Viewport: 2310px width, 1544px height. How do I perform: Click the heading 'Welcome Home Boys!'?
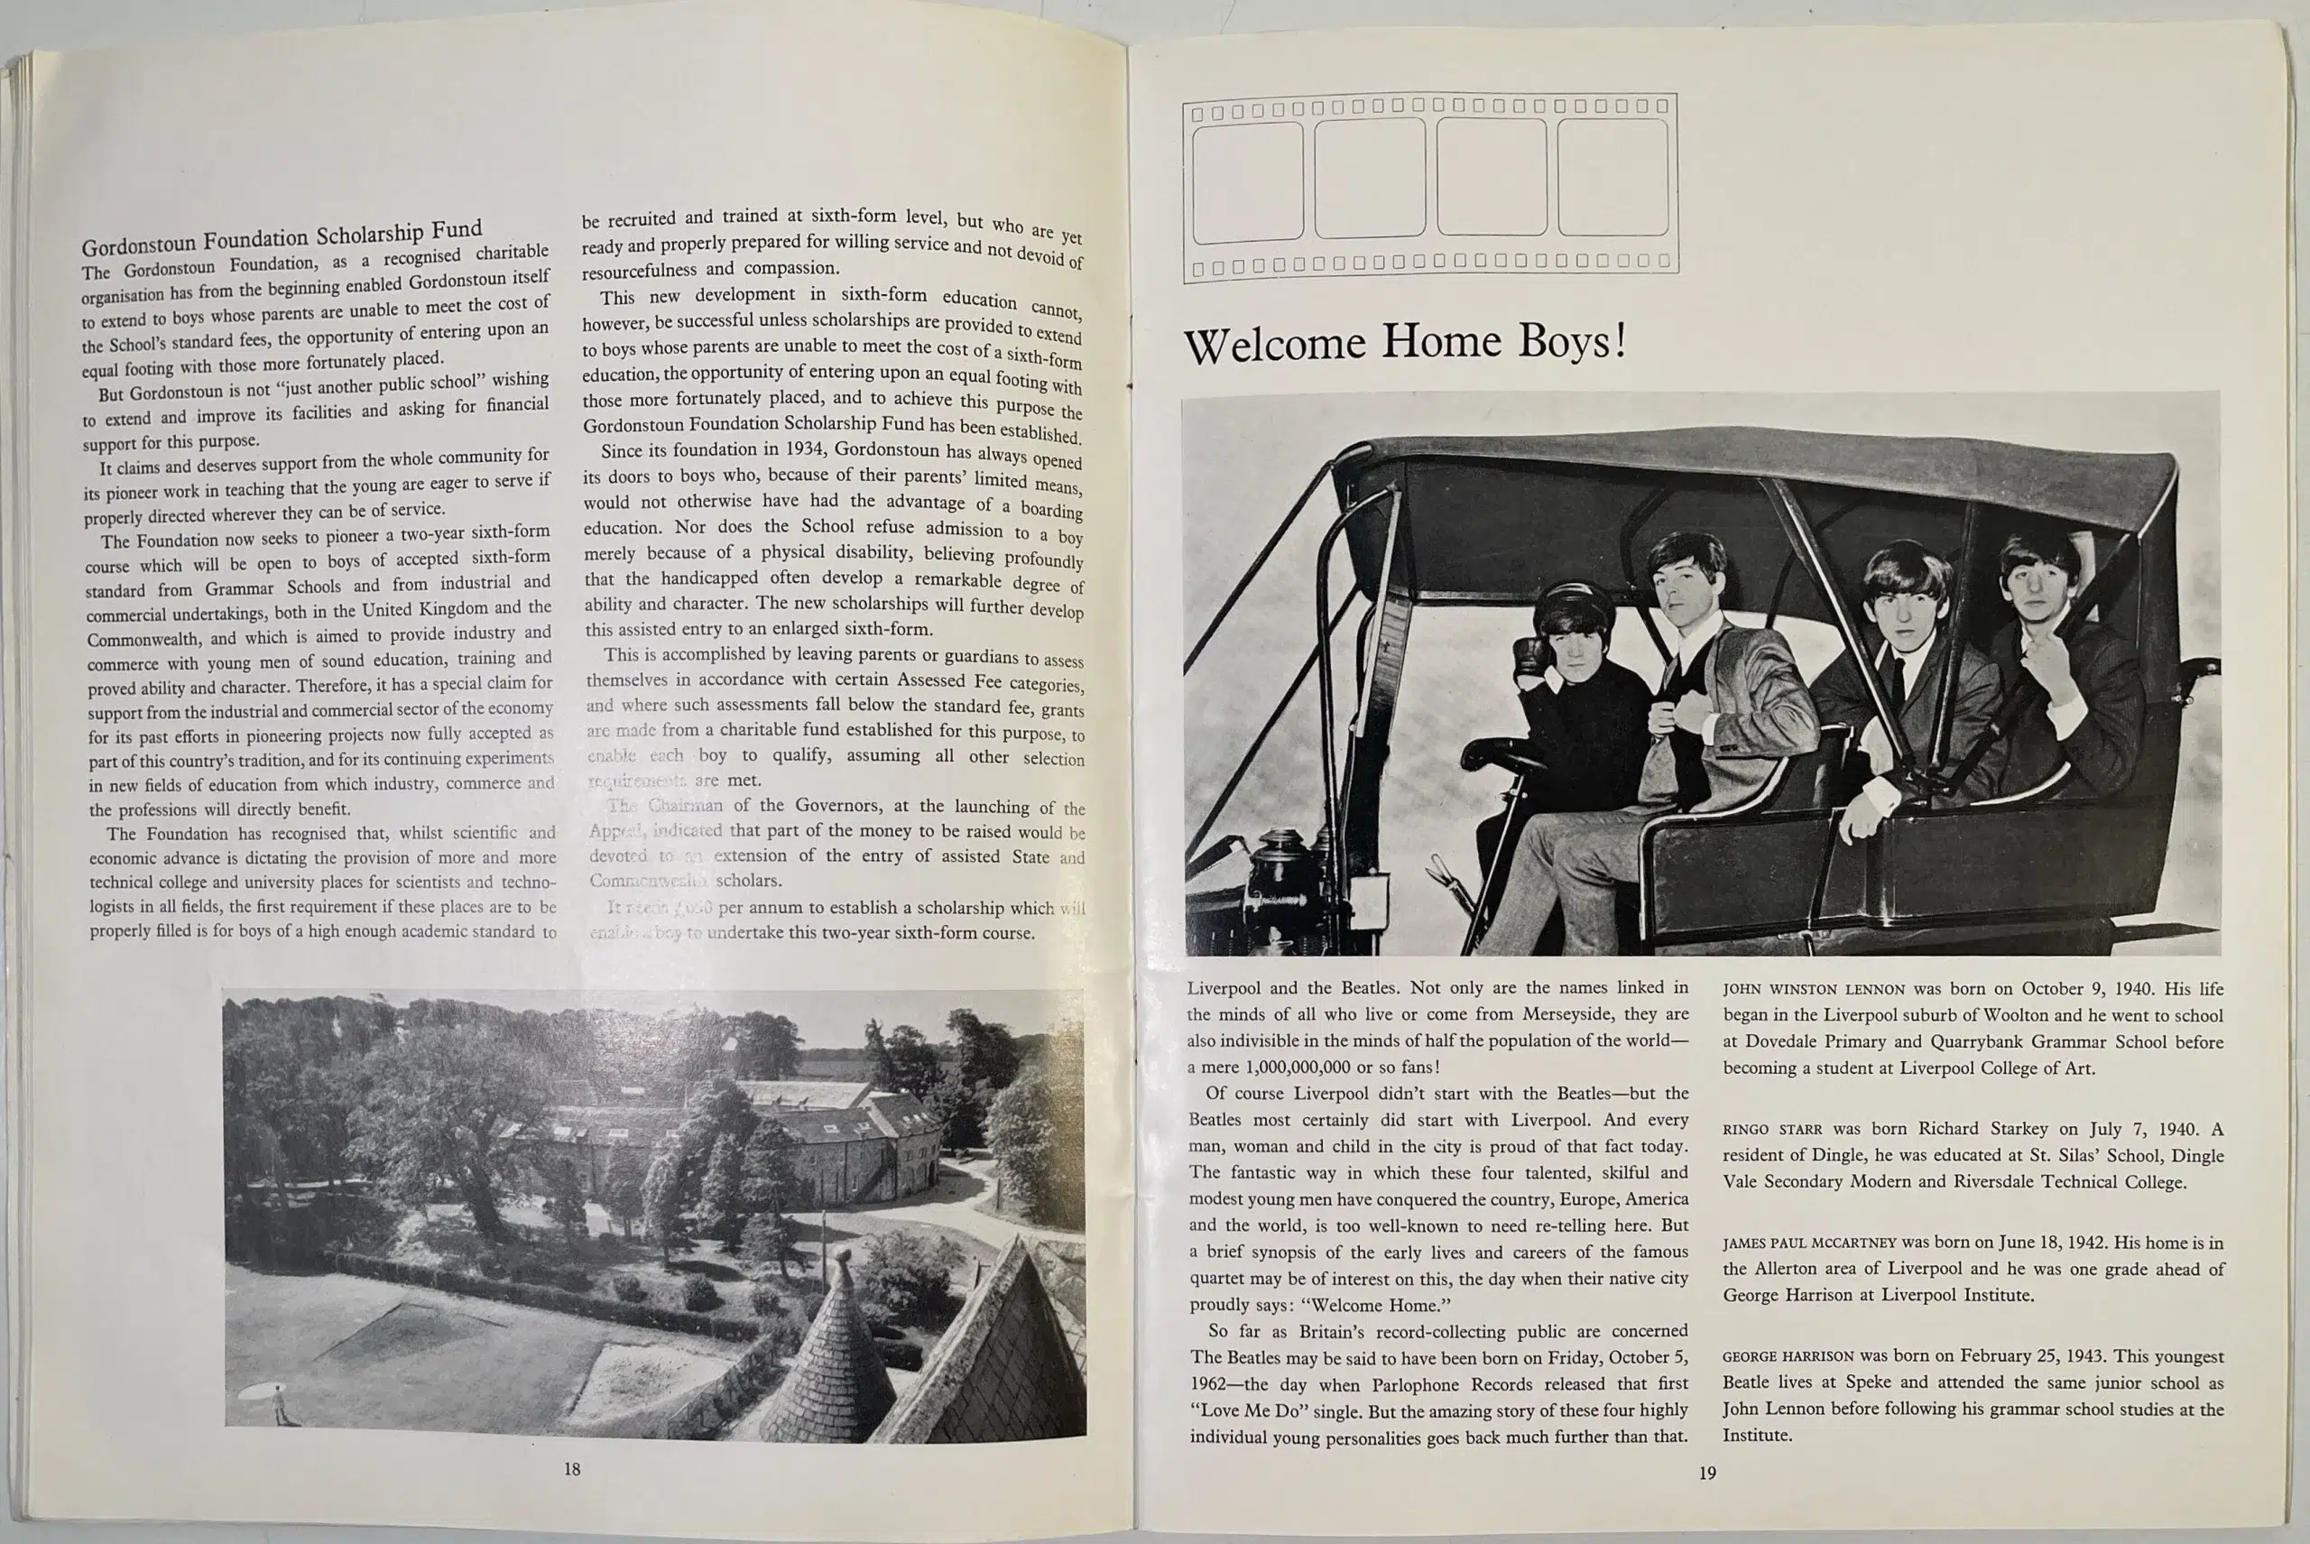pyautogui.click(x=1404, y=343)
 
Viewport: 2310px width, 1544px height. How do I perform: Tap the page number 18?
pyautogui.click(x=572, y=1469)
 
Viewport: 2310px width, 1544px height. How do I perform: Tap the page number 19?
pyautogui.click(x=1707, y=1473)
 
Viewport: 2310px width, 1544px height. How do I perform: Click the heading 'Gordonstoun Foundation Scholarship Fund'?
pyautogui.click(x=282, y=236)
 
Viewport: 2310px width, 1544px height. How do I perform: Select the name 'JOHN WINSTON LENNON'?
pyautogui.click(x=1814, y=990)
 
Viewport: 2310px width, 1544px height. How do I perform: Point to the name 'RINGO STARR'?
pyautogui.click(x=1771, y=1130)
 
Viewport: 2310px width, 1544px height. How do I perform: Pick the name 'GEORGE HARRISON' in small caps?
pyautogui.click(x=1788, y=1357)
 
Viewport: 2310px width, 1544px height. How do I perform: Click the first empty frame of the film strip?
pyautogui.click(x=1248, y=182)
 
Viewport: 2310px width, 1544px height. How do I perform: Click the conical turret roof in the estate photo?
pyautogui.click(x=836, y=1349)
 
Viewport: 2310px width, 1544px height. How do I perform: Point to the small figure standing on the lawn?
pyautogui.click(x=281, y=1403)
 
